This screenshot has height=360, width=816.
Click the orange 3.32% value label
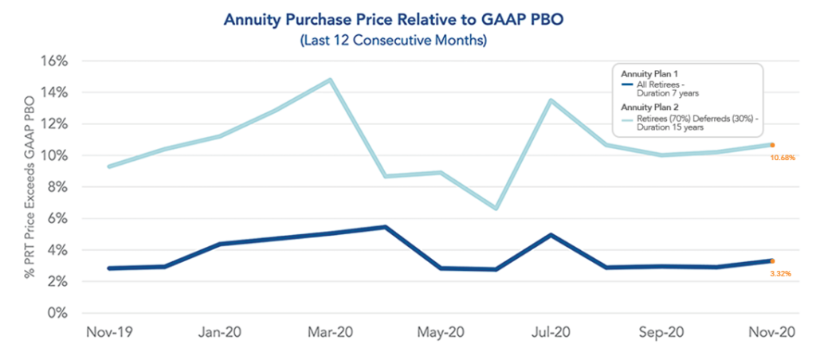pos(780,273)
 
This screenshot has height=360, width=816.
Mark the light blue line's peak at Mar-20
pos(330,80)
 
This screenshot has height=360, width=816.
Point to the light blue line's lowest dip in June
pos(496,209)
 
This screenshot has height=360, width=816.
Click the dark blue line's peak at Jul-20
pos(551,235)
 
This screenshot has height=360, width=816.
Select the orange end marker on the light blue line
pos(772,145)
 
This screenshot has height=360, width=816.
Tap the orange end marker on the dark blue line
pos(772,260)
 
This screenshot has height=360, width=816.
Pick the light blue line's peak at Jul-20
pos(551,100)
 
